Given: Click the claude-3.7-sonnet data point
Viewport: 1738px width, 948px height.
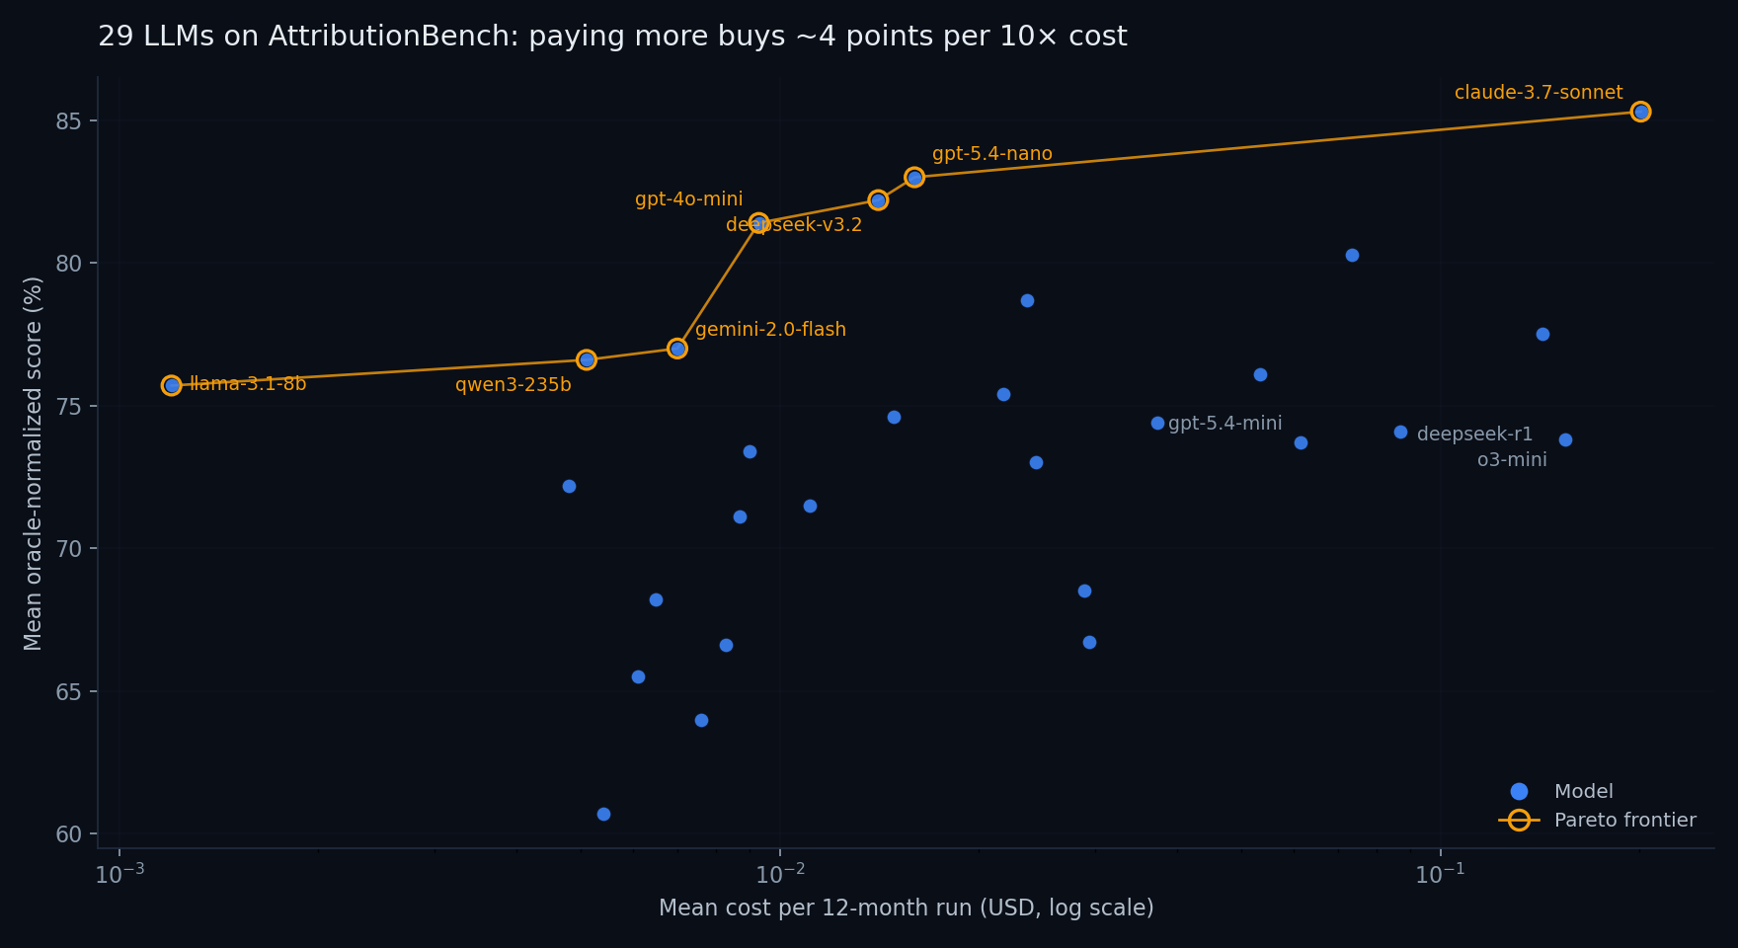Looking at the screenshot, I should pos(1640,112).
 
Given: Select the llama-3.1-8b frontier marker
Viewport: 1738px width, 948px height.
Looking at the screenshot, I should pos(172,385).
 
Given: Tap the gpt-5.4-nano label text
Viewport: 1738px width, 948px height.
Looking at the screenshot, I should pos(991,154).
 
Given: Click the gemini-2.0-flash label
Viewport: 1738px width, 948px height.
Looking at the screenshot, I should pos(770,330).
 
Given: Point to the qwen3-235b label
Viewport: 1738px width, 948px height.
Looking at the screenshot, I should pos(513,385).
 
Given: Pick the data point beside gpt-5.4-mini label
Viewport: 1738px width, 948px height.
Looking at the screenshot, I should pos(1157,423).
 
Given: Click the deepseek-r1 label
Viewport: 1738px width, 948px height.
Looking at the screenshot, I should pos(1474,434).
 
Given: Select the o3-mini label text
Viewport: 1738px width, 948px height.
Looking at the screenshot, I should pos(1511,460).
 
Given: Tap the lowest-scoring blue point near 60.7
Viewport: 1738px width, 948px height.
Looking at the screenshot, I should pos(603,814).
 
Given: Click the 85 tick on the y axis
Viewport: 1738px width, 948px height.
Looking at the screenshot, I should pos(70,121).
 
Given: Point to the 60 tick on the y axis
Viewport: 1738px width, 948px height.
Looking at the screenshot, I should pos(70,834).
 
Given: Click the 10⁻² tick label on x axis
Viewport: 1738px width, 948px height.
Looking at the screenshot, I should pos(779,874).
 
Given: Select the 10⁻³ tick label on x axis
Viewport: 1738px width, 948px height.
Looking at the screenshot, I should pos(119,874).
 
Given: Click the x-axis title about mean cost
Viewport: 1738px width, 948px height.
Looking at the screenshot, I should pos(906,908).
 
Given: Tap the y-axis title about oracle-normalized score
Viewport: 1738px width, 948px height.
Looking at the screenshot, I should pos(34,463).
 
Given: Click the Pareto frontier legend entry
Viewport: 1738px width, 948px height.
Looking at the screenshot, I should pos(1623,821).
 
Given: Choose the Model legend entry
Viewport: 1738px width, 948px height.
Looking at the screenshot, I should pos(1583,792).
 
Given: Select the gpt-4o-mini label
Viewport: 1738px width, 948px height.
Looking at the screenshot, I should pos(688,199).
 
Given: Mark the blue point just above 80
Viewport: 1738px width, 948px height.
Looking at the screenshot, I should pos(1352,255).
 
